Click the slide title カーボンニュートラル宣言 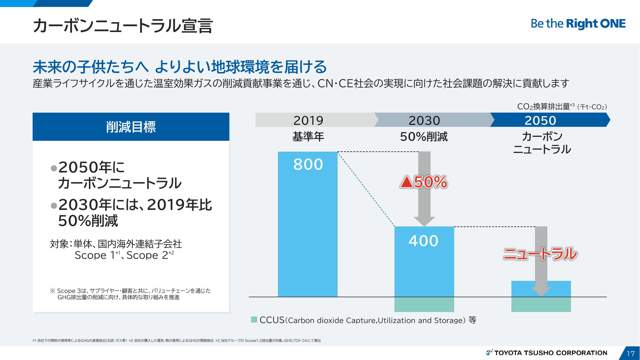(x=123, y=26)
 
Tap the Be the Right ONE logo (x=578, y=24)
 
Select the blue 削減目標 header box (x=131, y=127)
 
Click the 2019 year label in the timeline (x=308, y=120)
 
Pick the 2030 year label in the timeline (x=424, y=120)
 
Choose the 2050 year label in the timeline (x=540, y=120)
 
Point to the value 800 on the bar (x=308, y=164)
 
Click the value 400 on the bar (x=423, y=241)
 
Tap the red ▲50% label (x=423, y=182)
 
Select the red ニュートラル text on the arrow (x=540, y=254)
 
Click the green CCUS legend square (x=254, y=319)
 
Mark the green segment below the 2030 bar (x=424, y=304)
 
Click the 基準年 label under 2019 (x=308, y=137)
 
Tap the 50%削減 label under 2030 (x=424, y=137)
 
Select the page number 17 (x=630, y=353)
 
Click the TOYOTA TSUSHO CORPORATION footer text (x=550, y=353)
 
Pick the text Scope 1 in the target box (x=95, y=255)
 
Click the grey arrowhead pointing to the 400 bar (x=424, y=221)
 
